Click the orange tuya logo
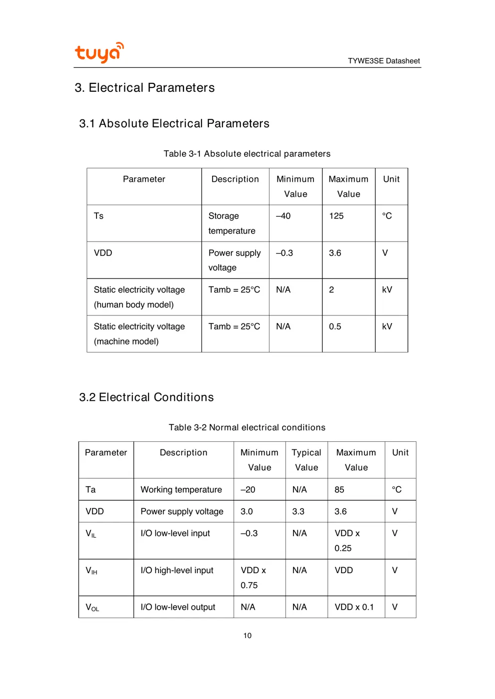(99, 52)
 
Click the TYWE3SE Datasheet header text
(383, 61)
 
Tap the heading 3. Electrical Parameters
(144, 88)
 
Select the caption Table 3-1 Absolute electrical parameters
(247, 154)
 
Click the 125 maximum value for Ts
(336, 216)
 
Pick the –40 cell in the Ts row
(283, 216)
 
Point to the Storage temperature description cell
(231, 223)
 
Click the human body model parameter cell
(139, 297)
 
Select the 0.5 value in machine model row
(335, 327)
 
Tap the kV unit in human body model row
(387, 290)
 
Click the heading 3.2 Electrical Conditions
(146, 397)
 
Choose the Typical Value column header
(306, 460)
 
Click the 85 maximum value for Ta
(339, 490)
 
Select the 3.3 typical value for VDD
(298, 512)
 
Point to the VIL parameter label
(91, 534)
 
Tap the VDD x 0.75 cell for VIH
(253, 578)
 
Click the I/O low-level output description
(178, 607)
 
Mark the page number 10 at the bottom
(247, 636)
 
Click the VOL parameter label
(92, 608)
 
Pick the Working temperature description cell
(181, 490)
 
